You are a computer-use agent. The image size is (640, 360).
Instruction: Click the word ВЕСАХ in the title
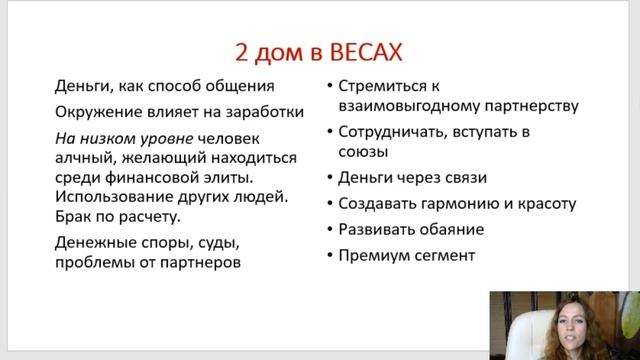[373, 50]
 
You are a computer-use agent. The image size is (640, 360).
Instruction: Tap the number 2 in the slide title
[239, 50]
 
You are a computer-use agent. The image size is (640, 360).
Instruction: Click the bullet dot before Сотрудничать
[330, 131]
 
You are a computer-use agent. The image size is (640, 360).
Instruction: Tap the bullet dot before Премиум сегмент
[330, 255]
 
